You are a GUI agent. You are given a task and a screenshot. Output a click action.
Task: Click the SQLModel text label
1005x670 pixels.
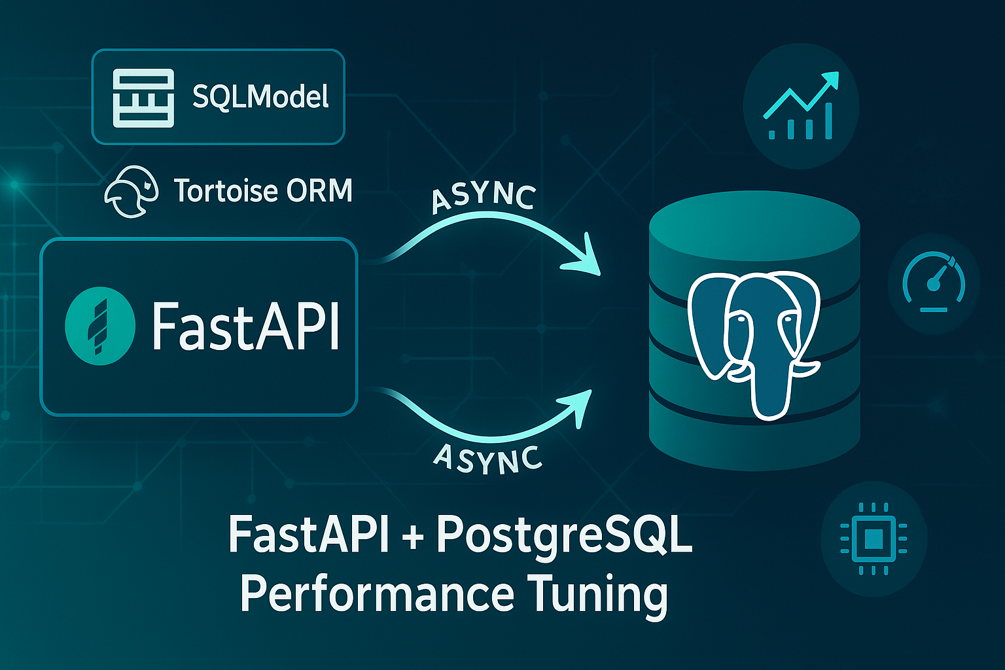(260, 97)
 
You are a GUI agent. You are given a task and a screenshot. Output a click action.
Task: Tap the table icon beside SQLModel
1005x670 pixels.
(143, 98)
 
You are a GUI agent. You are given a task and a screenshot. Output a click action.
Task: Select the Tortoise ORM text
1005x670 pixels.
(264, 190)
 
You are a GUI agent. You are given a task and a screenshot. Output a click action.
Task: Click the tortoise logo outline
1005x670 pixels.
(131, 192)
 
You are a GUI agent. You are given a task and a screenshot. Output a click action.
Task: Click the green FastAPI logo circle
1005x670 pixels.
(100, 326)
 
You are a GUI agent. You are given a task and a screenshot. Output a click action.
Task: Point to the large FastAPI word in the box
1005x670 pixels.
(245, 326)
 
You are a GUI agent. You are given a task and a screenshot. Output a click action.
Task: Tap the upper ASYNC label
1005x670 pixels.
(484, 198)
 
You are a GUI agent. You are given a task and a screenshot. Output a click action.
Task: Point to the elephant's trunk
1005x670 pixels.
(770, 386)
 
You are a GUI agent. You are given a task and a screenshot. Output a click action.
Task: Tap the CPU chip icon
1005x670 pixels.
(873, 538)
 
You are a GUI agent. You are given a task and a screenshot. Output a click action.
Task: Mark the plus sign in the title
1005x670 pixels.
(413, 537)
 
